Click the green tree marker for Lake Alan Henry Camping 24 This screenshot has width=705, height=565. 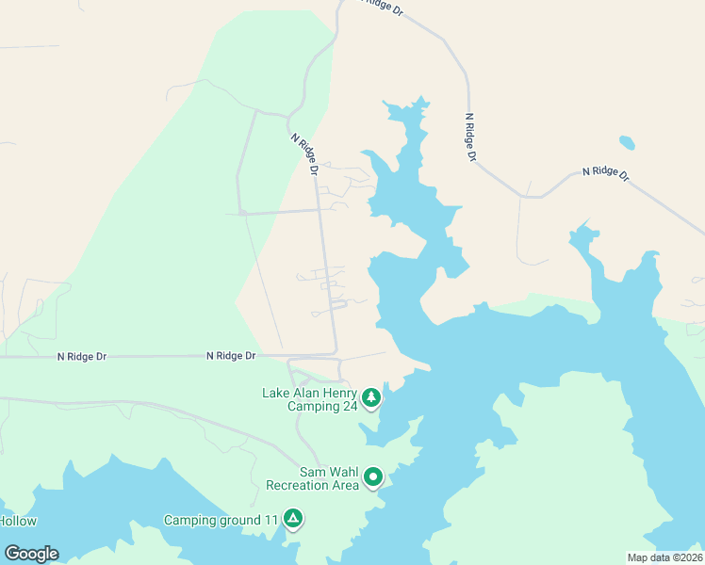(x=371, y=397)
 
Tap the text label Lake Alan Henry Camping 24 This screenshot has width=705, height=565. (x=311, y=400)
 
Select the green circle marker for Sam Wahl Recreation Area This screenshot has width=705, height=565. (x=373, y=477)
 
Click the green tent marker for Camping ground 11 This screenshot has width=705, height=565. (x=294, y=519)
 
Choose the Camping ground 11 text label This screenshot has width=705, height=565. (x=221, y=520)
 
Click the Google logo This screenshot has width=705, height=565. (x=31, y=554)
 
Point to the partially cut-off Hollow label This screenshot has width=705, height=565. (x=17, y=521)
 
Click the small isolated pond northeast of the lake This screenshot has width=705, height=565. (x=627, y=143)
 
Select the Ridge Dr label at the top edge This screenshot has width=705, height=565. (x=382, y=9)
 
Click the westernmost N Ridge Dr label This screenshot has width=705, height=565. (x=82, y=357)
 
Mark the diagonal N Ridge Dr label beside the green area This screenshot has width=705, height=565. (x=303, y=152)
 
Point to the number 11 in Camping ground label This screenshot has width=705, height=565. (x=271, y=520)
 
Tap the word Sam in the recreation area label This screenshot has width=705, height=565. (x=313, y=472)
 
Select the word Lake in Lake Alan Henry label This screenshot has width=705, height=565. (x=278, y=393)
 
